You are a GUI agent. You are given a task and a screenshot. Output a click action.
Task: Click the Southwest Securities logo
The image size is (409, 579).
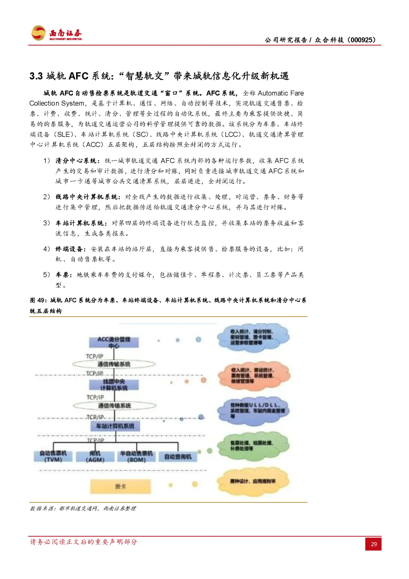[56, 33]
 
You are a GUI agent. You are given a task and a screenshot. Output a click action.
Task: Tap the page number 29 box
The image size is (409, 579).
[373, 544]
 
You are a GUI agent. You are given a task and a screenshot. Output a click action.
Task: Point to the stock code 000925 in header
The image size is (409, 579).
[361, 40]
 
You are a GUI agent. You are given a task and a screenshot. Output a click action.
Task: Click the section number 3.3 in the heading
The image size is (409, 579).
[36, 76]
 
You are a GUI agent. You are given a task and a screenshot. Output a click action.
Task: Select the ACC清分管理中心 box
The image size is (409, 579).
[114, 342]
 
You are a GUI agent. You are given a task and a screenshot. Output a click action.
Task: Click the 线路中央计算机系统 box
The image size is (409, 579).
[114, 384]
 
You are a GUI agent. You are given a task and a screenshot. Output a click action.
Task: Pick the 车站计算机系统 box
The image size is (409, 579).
[115, 426]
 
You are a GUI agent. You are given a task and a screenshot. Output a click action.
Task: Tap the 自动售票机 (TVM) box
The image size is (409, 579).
[53, 456]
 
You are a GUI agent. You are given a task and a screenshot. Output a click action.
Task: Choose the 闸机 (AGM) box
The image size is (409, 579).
[95, 457]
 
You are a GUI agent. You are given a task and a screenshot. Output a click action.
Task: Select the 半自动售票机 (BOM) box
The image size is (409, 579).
[136, 457]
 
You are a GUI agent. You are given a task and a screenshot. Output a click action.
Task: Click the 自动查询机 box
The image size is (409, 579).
[178, 457]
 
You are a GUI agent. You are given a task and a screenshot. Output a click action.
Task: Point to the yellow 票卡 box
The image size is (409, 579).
[120, 486]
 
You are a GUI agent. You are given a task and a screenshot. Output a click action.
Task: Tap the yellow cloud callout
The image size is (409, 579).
[253, 482]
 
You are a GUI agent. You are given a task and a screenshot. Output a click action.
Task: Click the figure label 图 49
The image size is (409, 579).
[38, 300]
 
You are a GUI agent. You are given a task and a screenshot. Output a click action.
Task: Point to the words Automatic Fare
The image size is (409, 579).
[281, 93]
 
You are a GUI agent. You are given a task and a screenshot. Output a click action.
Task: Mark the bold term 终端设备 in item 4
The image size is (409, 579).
[70, 249]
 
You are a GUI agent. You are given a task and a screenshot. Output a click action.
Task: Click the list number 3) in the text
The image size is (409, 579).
[47, 223]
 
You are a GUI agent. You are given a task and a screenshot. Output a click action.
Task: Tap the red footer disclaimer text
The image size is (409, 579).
[83, 542]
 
